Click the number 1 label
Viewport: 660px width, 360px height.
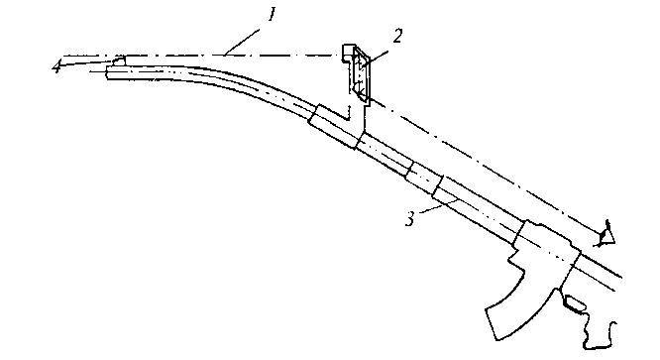click(272, 15)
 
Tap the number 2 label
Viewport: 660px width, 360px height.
click(397, 37)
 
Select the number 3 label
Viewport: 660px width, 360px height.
click(410, 218)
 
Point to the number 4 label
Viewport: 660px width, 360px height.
click(56, 66)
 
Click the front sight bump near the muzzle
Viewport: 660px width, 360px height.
click(119, 61)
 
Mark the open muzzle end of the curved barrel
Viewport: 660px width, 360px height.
click(107, 72)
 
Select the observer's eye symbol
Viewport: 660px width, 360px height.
click(606, 234)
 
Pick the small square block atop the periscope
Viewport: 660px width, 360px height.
click(349, 53)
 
